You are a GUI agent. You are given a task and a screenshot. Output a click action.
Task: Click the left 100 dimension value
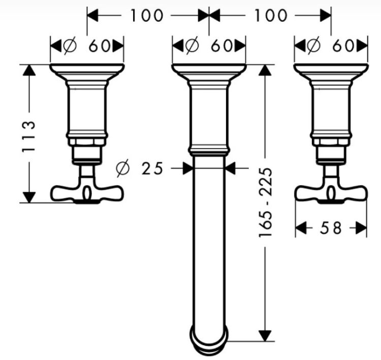(x=147, y=16)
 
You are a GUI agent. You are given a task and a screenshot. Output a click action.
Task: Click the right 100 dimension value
(x=271, y=16)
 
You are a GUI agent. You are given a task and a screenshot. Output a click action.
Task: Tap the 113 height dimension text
(x=28, y=136)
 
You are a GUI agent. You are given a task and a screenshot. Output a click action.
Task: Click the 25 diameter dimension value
(x=152, y=169)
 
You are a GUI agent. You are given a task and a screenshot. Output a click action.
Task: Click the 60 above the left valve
(x=100, y=46)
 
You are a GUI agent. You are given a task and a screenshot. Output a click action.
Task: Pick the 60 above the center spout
(x=221, y=46)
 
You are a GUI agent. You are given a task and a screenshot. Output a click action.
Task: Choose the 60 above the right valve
(x=343, y=46)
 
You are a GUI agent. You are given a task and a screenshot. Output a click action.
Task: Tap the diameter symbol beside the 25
(x=123, y=168)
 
